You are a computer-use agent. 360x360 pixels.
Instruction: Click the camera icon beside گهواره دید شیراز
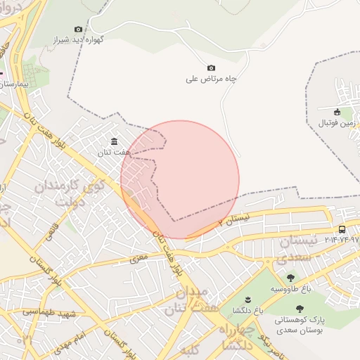pyautogui.click(x=78, y=29)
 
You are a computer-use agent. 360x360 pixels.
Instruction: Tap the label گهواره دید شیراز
pyautogui.click(x=79, y=40)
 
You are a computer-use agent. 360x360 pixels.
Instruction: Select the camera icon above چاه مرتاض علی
pyautogui.click(x=211, y=67)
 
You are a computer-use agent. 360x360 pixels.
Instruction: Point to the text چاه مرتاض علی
pyautogui.click(x=211, y=79)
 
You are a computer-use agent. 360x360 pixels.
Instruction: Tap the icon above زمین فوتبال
pyautogui.click(x=337, y=112)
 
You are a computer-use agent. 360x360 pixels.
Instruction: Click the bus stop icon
pyautogui.click(x=342, y=229)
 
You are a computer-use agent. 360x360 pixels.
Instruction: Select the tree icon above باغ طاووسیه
pyautogui.click(x=290, y=278)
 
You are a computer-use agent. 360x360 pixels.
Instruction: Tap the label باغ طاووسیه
pyautogui.click(x=290, y=289)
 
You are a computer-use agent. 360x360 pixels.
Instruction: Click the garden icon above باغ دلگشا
pyautogui.click(x=247, y=300)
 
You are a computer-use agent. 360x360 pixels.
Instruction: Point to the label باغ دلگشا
pyautogui.click(x=247, y=311)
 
